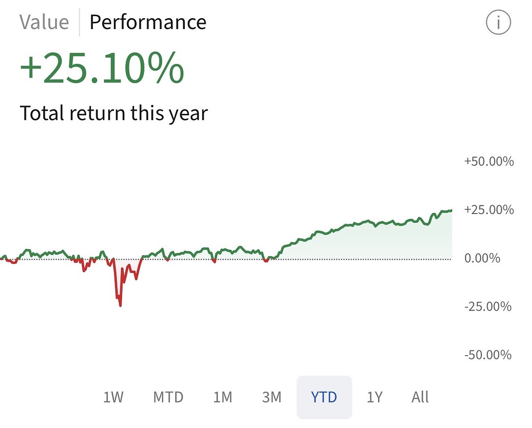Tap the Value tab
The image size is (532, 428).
(44, 22)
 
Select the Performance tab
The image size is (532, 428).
(148, 22)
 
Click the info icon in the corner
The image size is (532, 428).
(498, 23)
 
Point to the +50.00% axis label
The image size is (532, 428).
(488, 162)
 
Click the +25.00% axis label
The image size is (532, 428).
(488, 210)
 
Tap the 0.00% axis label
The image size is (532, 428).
(482, 258)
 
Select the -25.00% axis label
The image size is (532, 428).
(487, 306)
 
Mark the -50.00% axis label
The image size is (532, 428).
(487, 355)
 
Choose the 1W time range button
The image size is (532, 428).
(113, 397)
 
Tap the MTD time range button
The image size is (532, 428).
(168, 397)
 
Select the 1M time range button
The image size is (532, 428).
(222, 397)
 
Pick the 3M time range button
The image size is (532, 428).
(271, 397)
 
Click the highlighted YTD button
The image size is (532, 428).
(324, 397)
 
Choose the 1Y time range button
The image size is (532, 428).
(374, 397)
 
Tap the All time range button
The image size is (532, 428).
(420, 397)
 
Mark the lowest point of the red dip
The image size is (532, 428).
(121, 305)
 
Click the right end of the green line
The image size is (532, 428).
(451, 210)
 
